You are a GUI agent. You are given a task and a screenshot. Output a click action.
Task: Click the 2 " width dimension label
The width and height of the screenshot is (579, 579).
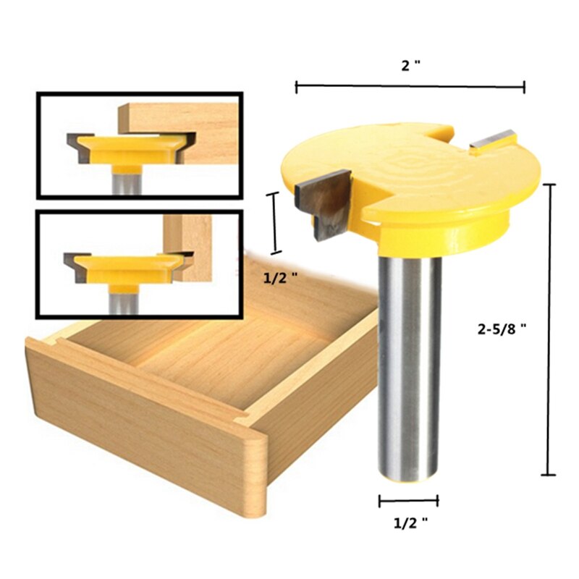coord(411,64)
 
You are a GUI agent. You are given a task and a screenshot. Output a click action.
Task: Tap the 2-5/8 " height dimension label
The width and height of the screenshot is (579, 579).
coord(500,326)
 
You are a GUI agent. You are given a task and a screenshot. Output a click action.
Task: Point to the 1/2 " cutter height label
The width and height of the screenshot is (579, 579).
coord(279,276)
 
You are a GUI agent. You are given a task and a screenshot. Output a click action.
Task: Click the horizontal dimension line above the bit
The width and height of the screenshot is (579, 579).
coord(410,87)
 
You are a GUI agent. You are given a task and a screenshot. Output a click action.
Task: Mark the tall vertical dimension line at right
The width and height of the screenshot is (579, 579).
coord(549,329)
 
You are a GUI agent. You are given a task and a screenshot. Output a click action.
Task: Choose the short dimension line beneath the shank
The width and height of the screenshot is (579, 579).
coord(408,499)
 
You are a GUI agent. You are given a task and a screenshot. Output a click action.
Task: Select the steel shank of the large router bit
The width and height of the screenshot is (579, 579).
coord(410,362)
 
